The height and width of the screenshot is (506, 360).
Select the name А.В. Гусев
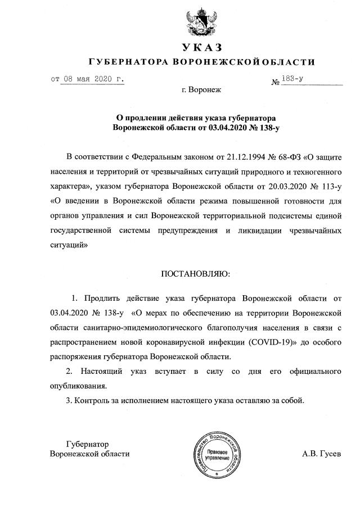(322, 454)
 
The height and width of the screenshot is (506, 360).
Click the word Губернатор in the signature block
(87, 444)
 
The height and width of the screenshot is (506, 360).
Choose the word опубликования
(78, 386)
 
